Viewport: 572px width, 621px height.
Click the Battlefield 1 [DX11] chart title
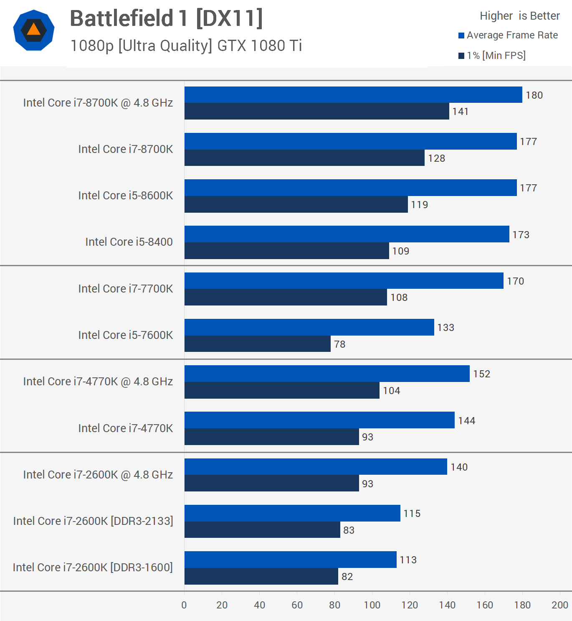click(x=166, y=19)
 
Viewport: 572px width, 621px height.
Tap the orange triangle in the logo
click(x=33, y=30)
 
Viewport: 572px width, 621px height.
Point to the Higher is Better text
click(x=519, y=16)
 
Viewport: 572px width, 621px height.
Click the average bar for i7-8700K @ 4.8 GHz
click(x=353, y=94)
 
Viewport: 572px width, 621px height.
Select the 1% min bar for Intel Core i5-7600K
click(x=257, y=344)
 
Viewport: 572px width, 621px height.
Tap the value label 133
click(x=445, y=328)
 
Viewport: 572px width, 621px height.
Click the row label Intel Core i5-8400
click(x=129, y=242)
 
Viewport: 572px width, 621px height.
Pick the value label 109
click(x=400, y=251)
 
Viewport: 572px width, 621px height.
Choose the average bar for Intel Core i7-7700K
click(x=344, y=280)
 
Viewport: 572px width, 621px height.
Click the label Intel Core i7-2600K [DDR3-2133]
click(x=93, y=521)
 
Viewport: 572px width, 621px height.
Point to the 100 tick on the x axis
click(x=372, y=605)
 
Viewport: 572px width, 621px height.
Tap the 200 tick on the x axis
click(x=559, y=605)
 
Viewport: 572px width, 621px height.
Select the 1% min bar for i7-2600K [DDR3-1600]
click(x=261, y=576)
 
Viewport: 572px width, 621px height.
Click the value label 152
click(x=481, y=374)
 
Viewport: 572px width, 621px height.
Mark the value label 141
click(x=460, y=112)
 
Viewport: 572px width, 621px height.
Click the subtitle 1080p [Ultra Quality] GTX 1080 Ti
click(x=186, y=46)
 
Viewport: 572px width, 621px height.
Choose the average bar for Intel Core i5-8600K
click(x=350, y=188)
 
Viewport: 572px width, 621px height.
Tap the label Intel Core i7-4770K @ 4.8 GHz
click(x=98, y=382)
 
